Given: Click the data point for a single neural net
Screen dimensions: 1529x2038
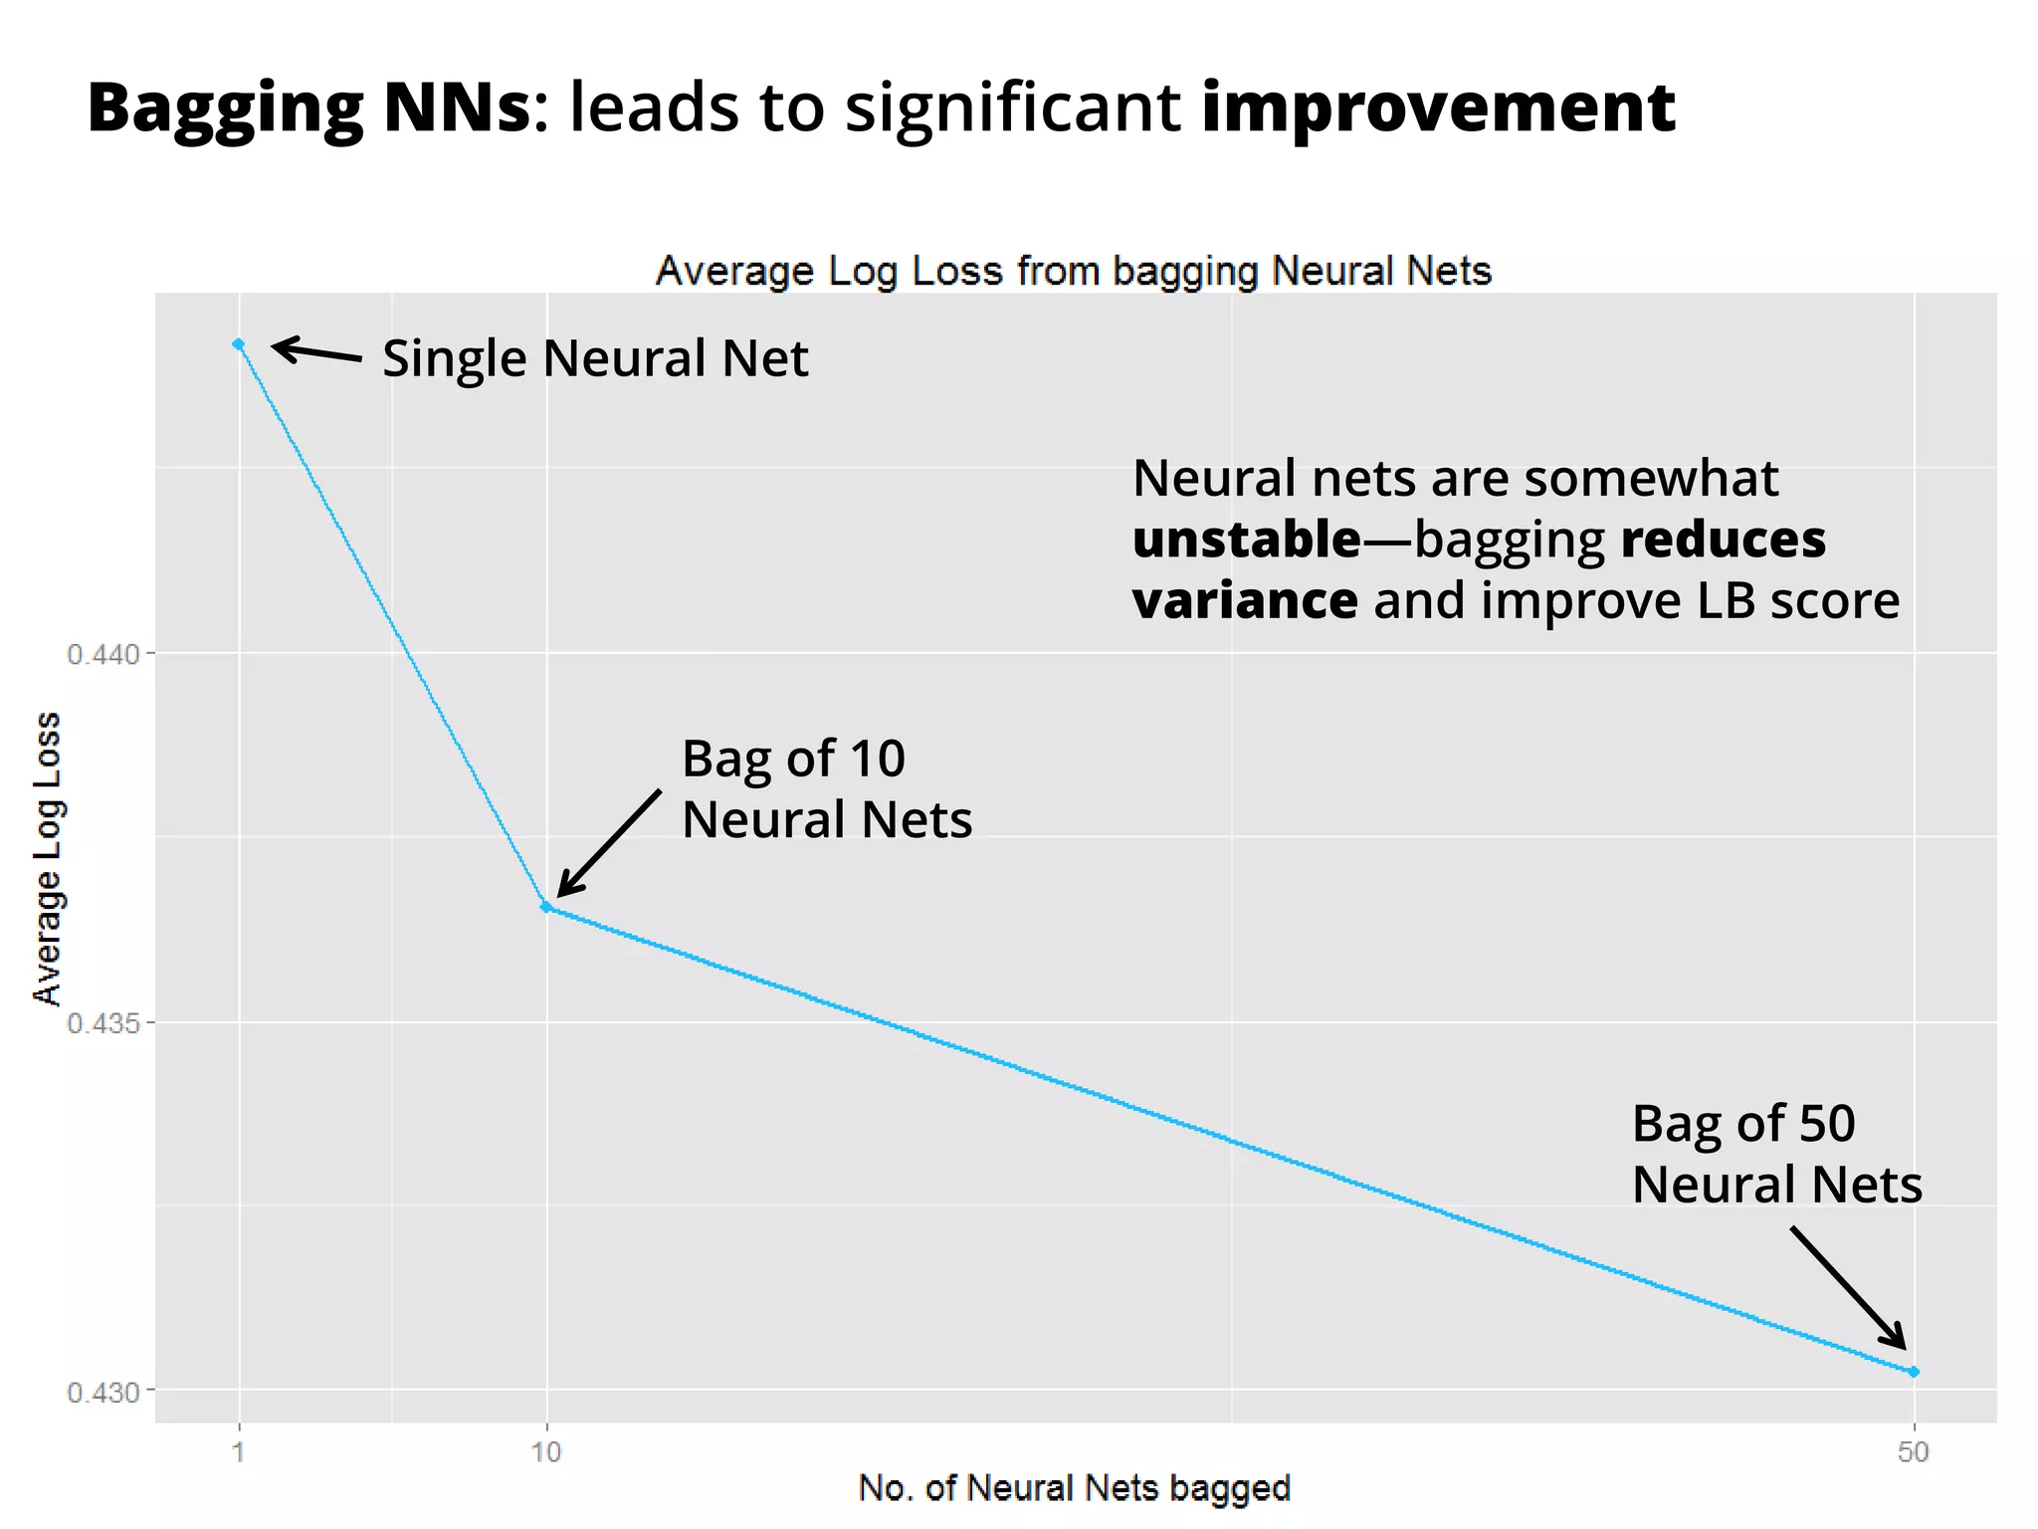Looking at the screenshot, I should pyautogui.click(x=239, y=344).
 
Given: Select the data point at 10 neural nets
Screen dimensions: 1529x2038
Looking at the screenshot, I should pyautogui.click(x=545, y=907).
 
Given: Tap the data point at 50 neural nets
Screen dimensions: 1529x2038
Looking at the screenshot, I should pyautogui.click(x=1913, y=1372).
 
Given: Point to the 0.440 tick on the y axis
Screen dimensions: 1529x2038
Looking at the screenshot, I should pyautogui.click(x=103, y=654).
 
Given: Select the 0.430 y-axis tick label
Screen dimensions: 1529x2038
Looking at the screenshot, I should pyautogui.click(x=103, y=1392).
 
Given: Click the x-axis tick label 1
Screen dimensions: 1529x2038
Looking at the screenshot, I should pyautogui.click(x=239, y=1452).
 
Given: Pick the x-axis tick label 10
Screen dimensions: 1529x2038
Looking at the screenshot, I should pyautogui.click(x=545, y=1452).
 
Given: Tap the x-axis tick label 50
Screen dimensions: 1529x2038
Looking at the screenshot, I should pyautogui.click(x=1913, y=1452).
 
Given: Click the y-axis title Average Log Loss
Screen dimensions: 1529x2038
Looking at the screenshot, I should pyautogui.click(x=47, y=858).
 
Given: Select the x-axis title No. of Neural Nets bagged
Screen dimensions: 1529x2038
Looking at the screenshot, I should pyautogui.click(x=1074, y=1488).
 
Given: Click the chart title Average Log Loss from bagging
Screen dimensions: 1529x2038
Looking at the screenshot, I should pyautogui.click(x=1074, y=271).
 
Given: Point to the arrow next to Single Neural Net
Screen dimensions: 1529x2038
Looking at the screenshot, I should pyautogui.click(x=316, y=350).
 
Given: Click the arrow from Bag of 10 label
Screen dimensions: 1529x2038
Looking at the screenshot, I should pyautogui.click(x=608, y=843).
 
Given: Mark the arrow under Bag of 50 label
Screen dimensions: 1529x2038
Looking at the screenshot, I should pyautogui.click(x=1849, y=1288).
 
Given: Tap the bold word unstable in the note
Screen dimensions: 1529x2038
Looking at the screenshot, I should pyautogui.click(x=1247, y=540).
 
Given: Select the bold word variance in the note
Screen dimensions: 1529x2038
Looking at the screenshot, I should pyautogui.click(x=1245, y=601).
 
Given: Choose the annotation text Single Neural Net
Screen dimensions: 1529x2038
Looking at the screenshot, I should pyautogui.click(x=595, y=358).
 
